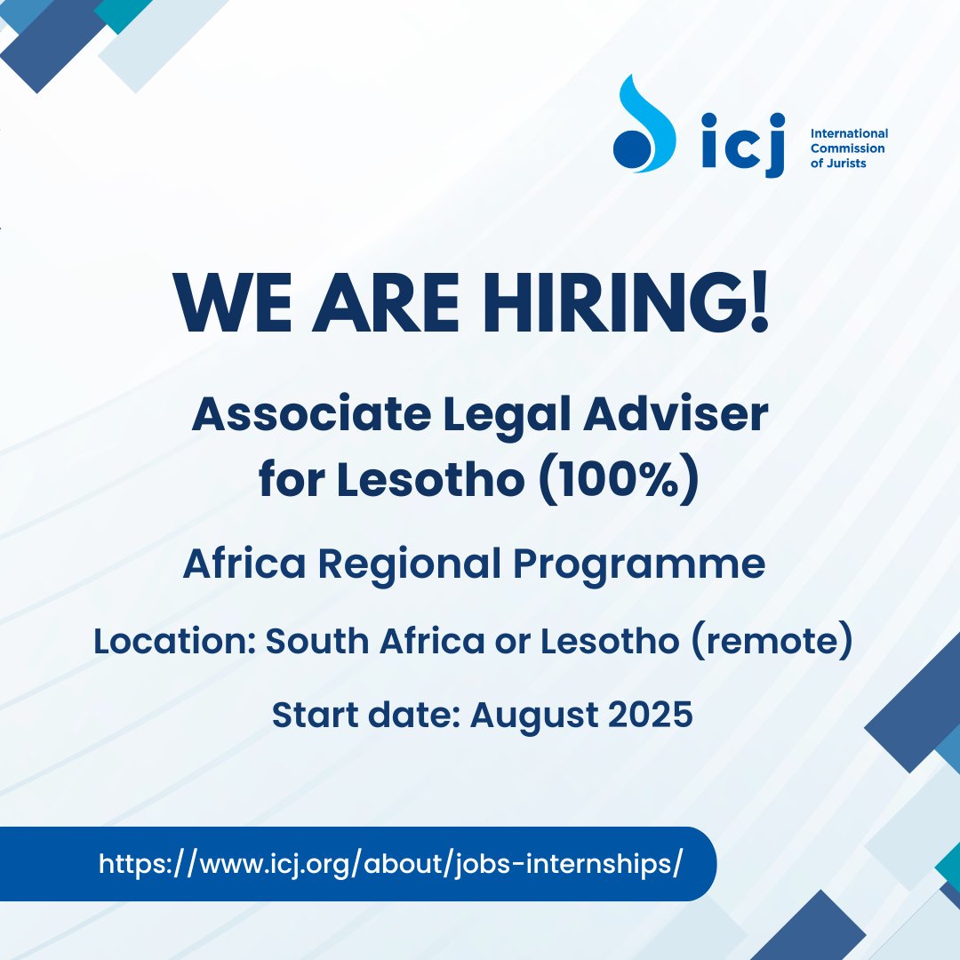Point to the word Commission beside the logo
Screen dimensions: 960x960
(847, 148)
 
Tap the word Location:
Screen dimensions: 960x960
(173, 641)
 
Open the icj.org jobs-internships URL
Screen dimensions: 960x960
(390, 864)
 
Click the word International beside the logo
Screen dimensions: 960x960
(849, 133)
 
